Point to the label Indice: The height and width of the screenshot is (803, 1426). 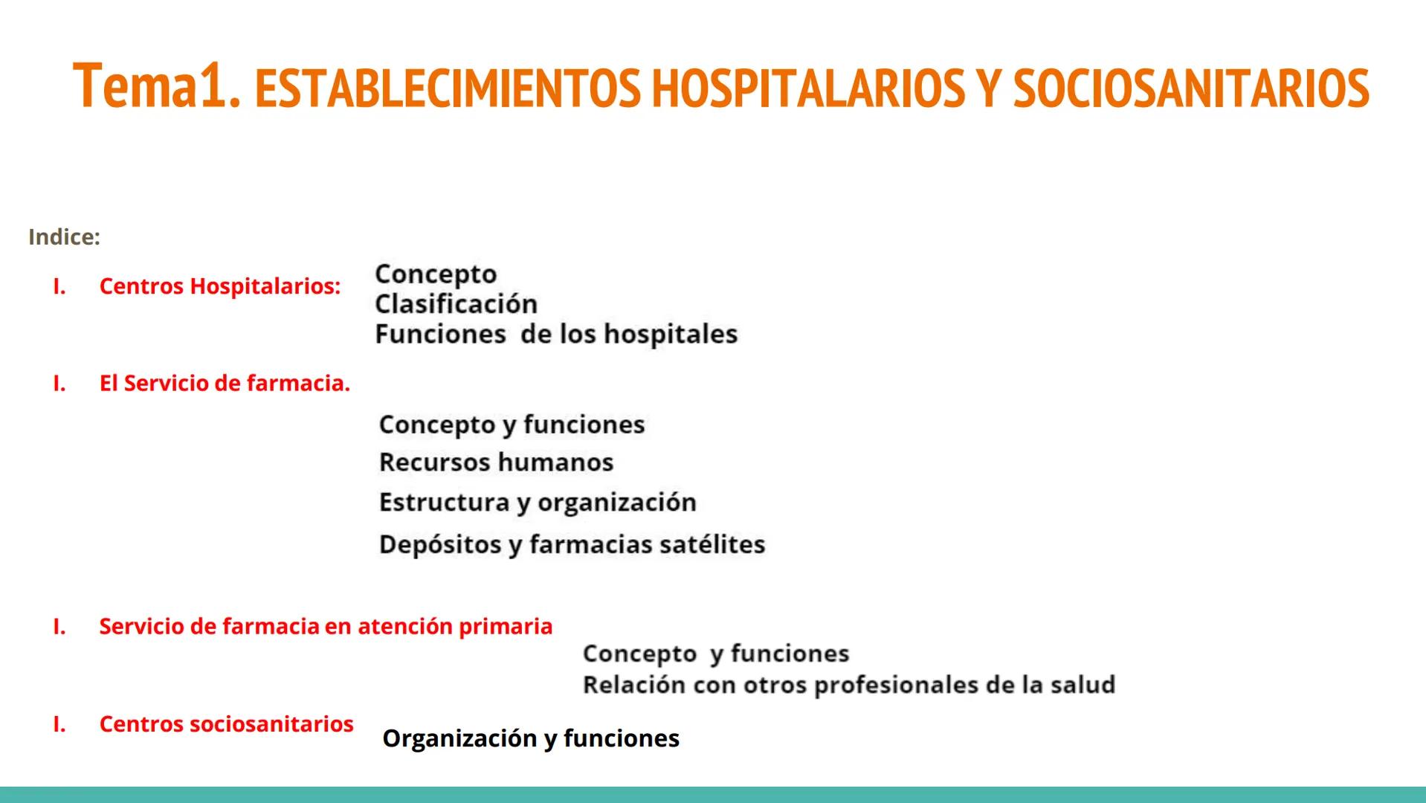tap(64, 237)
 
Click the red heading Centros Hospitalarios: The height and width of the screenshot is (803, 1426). tap(219, 286)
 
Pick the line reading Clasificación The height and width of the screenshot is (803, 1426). tap(456, 304)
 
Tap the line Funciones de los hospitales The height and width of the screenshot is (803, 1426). tap(556, 335)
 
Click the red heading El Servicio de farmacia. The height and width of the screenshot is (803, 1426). tap(225, 384)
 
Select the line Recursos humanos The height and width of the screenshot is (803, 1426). tap(496, 462)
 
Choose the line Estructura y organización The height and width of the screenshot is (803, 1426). tap(538, 503)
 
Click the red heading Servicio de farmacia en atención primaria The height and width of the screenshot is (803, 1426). tap(326, 627)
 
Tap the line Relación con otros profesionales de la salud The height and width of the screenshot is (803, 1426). tap(848, 685)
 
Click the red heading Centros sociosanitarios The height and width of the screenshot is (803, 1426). tap(226, 724)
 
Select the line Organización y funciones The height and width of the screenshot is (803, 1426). tap(530, 738)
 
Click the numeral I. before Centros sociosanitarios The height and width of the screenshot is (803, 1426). tap(59, 724)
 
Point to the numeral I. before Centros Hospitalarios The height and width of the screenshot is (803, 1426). tap(59, 286)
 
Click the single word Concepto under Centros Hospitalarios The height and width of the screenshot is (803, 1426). tap(436, 274)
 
